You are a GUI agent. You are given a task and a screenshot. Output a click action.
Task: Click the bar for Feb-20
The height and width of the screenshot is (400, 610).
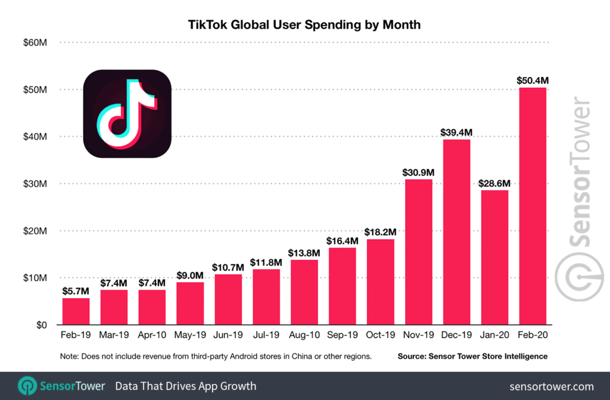point(533,206)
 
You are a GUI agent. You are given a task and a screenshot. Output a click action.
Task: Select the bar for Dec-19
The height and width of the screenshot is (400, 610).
point(456,232)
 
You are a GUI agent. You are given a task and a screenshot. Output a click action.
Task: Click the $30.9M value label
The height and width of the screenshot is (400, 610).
point(418,172)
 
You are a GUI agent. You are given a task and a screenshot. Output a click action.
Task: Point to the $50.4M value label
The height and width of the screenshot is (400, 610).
point(532,80)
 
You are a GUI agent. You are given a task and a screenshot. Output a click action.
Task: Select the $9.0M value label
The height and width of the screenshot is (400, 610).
point(190,275)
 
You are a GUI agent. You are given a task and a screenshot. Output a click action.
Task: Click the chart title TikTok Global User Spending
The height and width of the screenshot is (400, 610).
point(305,25)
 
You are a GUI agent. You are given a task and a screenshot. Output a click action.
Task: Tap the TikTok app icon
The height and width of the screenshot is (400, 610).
point(127,114)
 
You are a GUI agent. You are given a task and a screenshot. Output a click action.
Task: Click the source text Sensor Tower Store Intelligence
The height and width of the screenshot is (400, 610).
point(472,356)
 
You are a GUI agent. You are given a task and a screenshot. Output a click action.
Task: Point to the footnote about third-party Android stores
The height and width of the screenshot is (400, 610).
point(216,356)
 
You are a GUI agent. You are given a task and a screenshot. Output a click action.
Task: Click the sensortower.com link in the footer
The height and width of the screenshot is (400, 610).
point(552,386)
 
